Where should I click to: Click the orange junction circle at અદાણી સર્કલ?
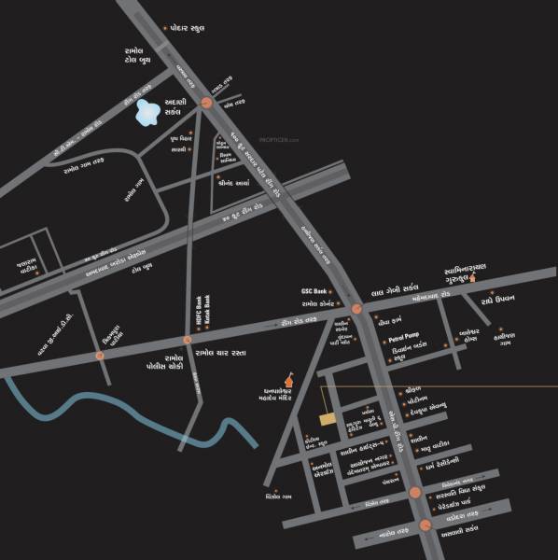207,104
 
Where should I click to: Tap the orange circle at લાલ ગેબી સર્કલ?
356,308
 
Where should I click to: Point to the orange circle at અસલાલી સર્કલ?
425,525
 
